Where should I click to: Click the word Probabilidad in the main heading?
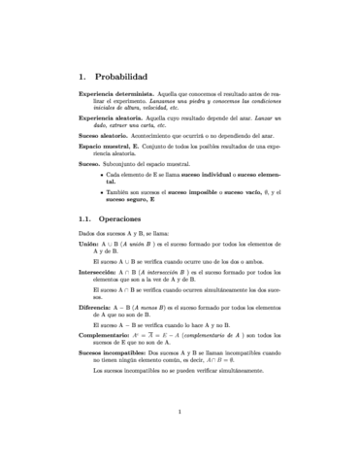click(121, 76)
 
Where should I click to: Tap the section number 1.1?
click(86, 220)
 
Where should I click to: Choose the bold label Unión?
click(88, 247)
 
